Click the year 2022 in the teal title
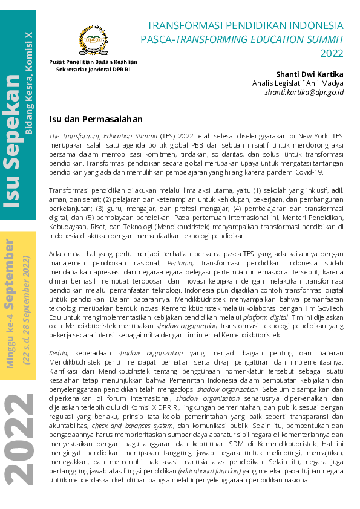click(332, 53)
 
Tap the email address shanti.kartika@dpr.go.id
click(304, 92)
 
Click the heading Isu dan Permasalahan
click(96, 119)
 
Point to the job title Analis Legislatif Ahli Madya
click(298, 83)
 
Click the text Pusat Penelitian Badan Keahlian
click(93, 62)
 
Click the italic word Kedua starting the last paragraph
click(59, 352)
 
